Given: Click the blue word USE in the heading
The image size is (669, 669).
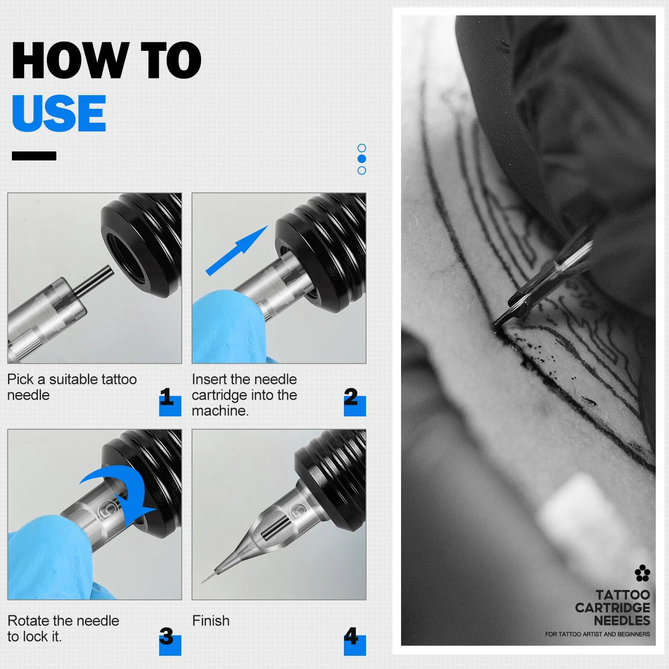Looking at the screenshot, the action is click(59, 113).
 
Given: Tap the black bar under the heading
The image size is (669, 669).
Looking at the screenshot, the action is click(34, 156).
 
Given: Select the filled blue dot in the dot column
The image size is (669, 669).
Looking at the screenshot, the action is click(362, 159).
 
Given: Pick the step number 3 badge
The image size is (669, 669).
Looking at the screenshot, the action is click(170, 641).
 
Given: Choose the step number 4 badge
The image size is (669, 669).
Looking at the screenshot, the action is click(355, 641).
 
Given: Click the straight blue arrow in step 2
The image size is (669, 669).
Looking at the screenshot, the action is click(237, 251).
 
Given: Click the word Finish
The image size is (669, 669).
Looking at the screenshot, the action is click(211, 621).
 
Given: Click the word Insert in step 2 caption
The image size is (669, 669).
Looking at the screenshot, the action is click(209, 379).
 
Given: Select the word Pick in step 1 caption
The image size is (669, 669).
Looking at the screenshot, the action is click(20, 379).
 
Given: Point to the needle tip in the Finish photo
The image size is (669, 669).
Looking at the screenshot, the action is click(202, 582).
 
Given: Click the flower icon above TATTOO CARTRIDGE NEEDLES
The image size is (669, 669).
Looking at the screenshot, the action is click(642, 573).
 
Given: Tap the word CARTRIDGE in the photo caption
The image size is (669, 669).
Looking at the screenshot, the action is click(612, 608).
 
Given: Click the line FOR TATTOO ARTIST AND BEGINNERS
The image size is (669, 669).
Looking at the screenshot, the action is click(597, 634).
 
